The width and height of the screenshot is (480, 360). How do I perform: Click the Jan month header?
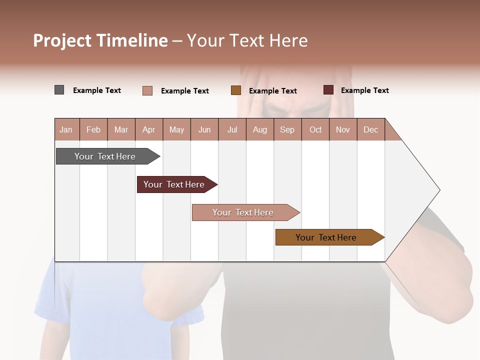[x=66, y=129]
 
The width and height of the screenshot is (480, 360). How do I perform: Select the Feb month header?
[x=93, y=129]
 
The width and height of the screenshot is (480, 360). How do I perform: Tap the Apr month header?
[x=148, y=129]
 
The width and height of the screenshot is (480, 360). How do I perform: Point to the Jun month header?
[x=204, y=129]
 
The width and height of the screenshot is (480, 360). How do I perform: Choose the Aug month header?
[x=259, y=129]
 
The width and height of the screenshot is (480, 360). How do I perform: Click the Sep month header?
[x=287, y=129]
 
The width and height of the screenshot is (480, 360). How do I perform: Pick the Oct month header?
[x=315, y=129]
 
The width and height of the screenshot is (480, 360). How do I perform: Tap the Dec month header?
[x=370, y=129]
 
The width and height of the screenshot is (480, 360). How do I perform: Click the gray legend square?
[x=59, y=90]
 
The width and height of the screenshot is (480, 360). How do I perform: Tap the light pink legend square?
[x=147, y=90]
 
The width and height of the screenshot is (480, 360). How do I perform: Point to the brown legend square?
[x=236, y=90]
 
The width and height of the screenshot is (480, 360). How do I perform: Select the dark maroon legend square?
[x=328, y=90]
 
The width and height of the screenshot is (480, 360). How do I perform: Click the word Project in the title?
[x=62, y=40]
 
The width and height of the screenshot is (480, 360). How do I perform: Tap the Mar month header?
[x=121, y=129]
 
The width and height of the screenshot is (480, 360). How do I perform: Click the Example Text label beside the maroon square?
[x=364, y=90]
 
